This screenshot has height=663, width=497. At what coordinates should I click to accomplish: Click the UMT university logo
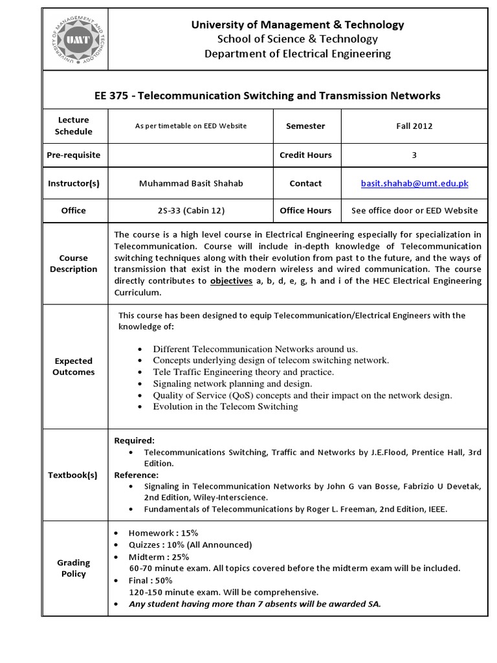[x=74, y=39]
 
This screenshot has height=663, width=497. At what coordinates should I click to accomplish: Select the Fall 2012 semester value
[x=414, y=126]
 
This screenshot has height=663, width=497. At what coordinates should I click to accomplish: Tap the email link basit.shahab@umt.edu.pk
[x=414, y=183]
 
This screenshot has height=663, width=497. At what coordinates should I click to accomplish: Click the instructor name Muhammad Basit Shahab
[x=191, y=183]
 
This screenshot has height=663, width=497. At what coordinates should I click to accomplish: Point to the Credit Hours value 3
[x=414, y=155]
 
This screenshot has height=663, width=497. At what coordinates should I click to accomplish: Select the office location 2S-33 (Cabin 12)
[x=191, y=210]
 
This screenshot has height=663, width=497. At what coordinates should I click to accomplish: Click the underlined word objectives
[x=230, y=281]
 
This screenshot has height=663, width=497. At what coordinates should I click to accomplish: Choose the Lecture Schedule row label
[x=73, y=126]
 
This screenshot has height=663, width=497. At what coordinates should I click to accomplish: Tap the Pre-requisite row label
[x=73, y=155]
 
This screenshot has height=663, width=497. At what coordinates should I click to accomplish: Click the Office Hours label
[x=305, y=210]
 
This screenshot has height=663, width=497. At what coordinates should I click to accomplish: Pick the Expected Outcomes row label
[x=73, y=366]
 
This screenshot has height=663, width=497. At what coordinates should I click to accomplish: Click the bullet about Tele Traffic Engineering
[x=243, y=372]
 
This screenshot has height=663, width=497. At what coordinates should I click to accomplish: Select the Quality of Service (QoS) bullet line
[x=302, y=395]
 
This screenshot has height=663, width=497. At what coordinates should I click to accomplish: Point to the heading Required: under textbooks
[x=135, y=440]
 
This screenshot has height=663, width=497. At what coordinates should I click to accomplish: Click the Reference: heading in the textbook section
[x=137, y=475]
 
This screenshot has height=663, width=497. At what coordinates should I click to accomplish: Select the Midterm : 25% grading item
[x=158, y=556]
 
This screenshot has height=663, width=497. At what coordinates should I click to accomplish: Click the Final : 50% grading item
[x=152, y=580]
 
